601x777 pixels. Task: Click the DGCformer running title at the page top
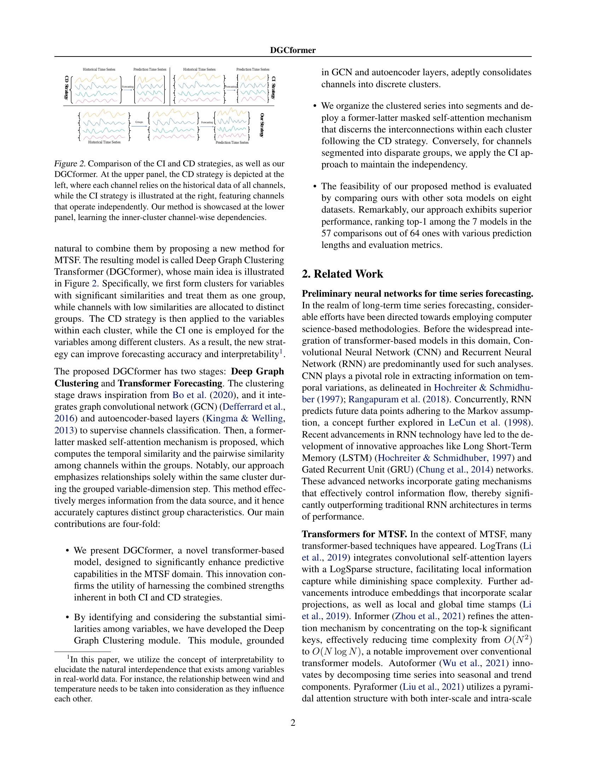tap(293, 50)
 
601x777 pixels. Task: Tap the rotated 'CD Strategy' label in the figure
tap(66, 88)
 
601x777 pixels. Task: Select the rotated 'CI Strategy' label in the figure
tap(273, 88)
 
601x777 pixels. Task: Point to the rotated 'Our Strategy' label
tap(262, 125)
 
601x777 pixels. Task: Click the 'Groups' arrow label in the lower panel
tap(139, 122)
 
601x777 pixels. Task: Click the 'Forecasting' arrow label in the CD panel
tap(128, 87)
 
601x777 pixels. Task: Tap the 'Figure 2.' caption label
tap(70, 164)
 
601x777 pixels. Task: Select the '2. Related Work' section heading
tap(342, 274)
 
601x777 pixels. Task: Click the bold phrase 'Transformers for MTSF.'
tap(354, 534)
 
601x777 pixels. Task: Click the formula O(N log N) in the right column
tap(334, 652)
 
